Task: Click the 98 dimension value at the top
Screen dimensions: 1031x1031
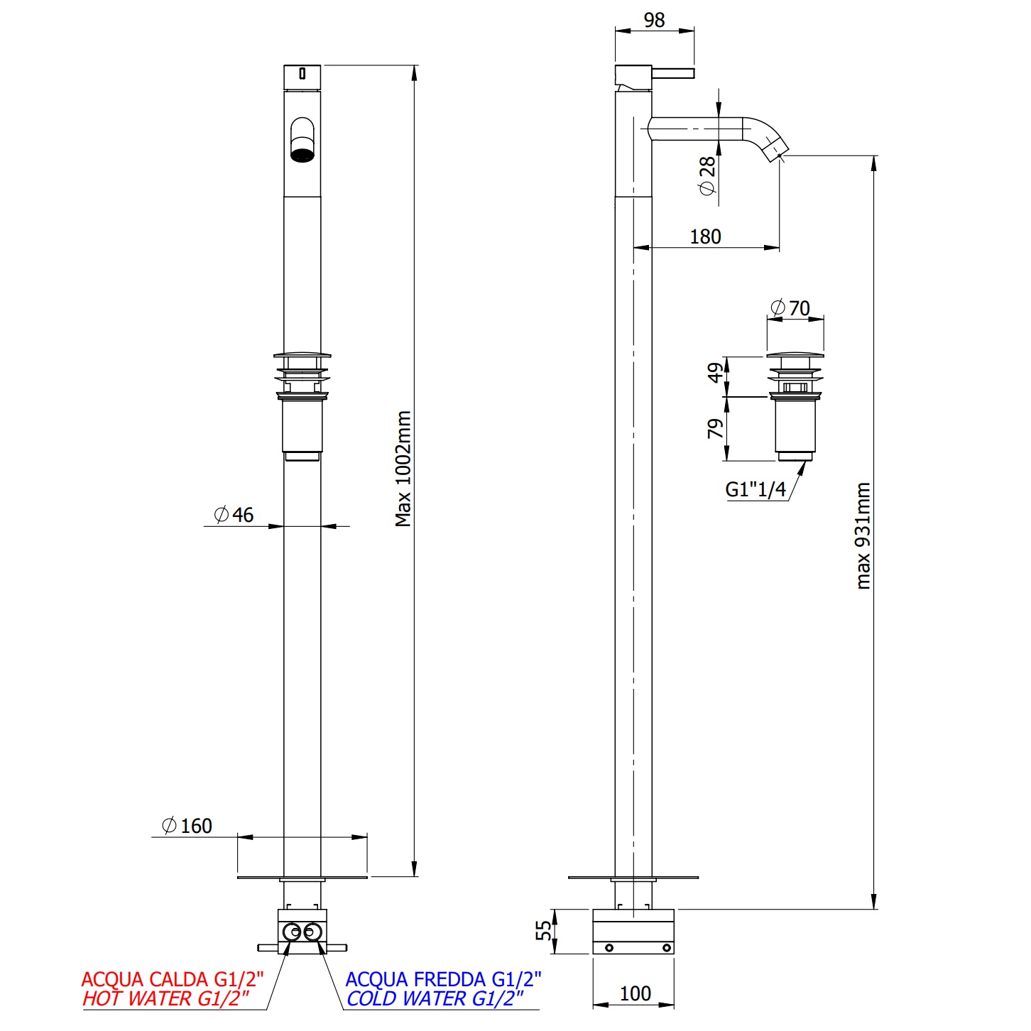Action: point(654,21)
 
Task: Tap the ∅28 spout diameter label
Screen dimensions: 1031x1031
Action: point(707,176)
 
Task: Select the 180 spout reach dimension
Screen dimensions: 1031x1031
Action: point(705,236)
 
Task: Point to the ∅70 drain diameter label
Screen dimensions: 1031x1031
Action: point(790,308)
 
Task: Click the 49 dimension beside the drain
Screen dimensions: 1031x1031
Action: point(715,373)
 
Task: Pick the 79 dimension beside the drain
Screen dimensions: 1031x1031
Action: point(715,429)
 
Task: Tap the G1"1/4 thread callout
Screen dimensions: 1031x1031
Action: point(755,489)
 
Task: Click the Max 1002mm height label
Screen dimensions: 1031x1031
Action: point(403,469)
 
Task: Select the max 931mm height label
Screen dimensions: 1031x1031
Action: point(863,535)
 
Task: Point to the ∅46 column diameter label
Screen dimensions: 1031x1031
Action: point(234,515)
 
